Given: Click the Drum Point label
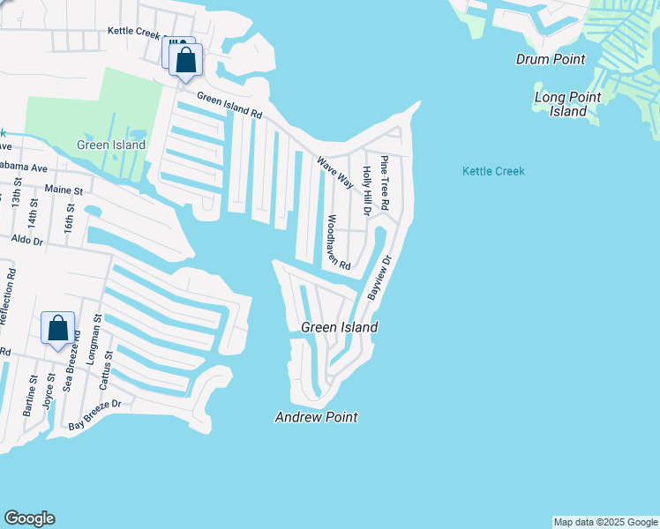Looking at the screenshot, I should pos(551,59).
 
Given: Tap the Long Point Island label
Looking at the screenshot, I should pos(567,104).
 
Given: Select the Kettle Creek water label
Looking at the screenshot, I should pos(493,171).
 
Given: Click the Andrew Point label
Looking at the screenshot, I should pos(316,417).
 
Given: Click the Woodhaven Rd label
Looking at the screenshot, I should pos(339,242).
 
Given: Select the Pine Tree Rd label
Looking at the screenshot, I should pos(384,183).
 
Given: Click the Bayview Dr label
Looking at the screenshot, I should pos(379,276).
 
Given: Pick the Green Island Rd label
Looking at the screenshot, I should pos(229,107).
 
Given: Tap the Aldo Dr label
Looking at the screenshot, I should pos(26,239).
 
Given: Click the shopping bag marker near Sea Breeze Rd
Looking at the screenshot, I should pos(57,328).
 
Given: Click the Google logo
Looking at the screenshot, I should pos(29,518).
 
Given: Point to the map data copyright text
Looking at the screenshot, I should pos(605,522).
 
